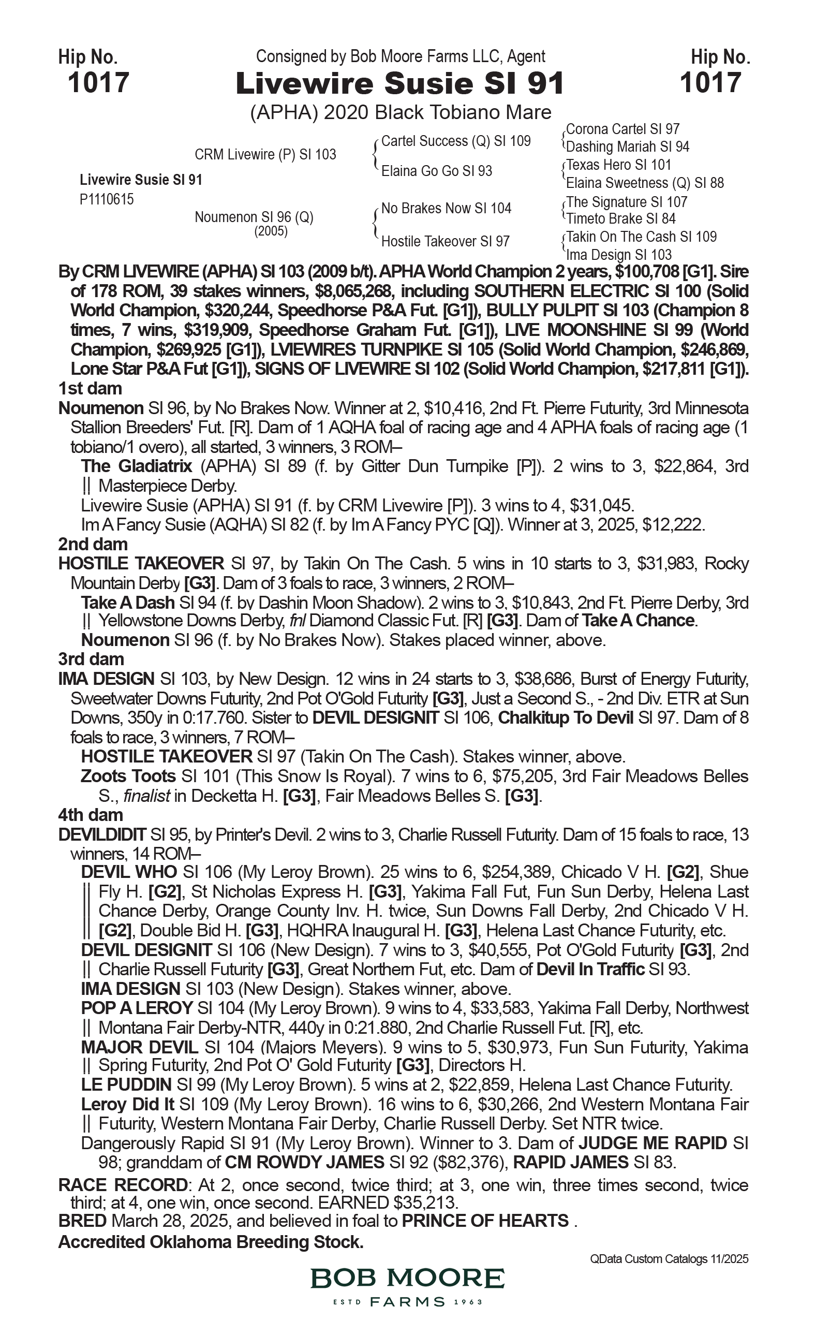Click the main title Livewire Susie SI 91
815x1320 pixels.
point(399,84)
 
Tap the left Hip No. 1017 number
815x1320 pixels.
point(99,83)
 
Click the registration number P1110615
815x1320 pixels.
point(107,200)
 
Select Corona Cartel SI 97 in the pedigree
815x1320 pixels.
point(623,129)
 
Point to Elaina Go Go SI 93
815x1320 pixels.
point(437,171)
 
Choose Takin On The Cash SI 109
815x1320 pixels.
point(642,237)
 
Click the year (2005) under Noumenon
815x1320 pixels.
point(271,231)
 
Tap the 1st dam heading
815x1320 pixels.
point(90,388)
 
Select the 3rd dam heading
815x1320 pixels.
point(91,659)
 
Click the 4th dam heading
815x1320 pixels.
point(91,815)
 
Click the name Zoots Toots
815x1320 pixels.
point(128,776)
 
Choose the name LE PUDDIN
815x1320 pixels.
point(126,1085)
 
